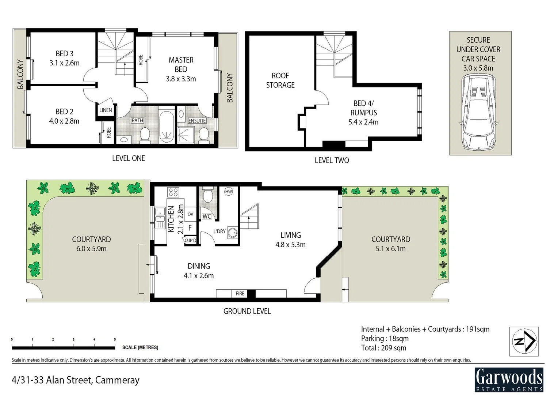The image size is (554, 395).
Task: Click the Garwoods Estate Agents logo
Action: point(509,379)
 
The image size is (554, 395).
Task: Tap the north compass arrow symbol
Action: point(524,342)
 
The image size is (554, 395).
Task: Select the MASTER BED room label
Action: point(181,64)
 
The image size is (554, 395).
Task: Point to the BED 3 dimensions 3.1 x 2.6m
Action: point(65,63)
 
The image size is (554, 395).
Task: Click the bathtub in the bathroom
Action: point(167,127)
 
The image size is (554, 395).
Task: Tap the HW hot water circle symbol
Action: point(229,192)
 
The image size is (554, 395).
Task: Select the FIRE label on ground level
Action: point(240,293)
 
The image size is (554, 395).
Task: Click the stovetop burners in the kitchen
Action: point(173,192)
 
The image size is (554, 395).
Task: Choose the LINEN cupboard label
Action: point(106,110)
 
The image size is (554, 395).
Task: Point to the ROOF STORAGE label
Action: point(280,80)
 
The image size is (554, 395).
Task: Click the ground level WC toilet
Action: point(208,196)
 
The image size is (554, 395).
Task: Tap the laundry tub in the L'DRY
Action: point(232,232)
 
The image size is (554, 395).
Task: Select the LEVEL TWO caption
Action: point(332,160)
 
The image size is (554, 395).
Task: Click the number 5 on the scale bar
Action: point(115,339)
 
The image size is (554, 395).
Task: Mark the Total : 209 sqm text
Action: point(383,348)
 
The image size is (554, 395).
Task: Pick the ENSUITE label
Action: point(197,121)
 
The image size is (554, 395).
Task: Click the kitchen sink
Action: point(160,211)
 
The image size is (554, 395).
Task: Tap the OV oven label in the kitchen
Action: point(190,214)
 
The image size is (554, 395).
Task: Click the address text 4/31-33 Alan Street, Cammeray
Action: point(76,380)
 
